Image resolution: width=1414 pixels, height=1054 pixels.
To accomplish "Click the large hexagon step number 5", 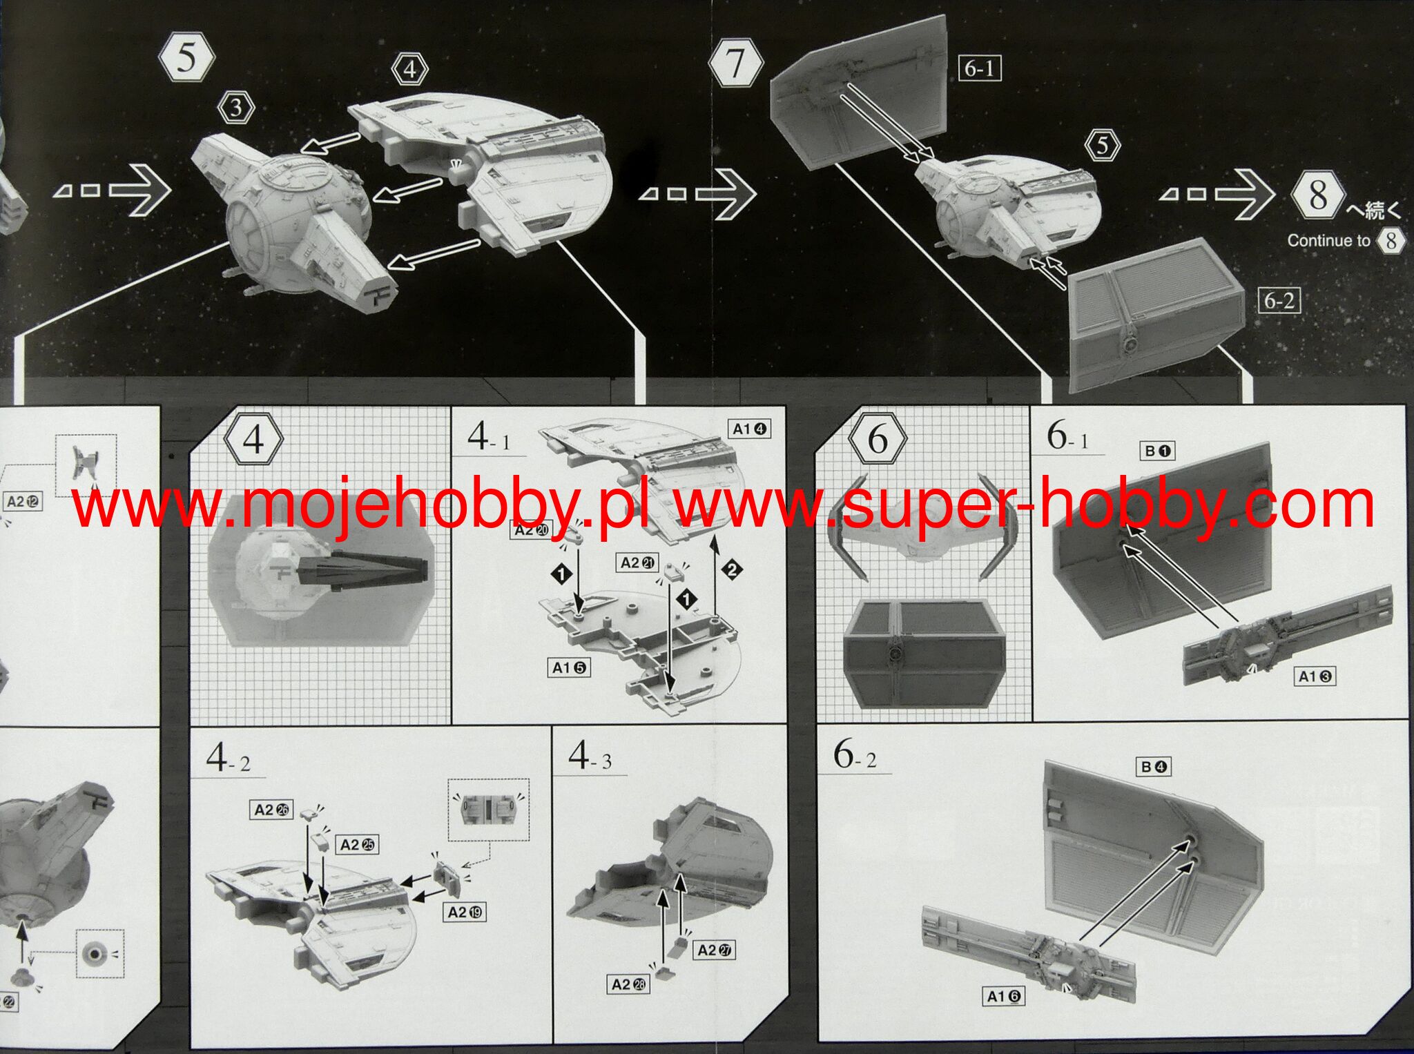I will point(186,57).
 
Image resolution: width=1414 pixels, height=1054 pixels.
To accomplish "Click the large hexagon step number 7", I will point(735,64).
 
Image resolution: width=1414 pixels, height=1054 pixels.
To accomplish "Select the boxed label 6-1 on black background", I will point(979,68).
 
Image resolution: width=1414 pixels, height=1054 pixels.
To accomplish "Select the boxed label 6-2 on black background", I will point(1279,301).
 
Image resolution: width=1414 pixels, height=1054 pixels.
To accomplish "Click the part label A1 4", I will point(749,429).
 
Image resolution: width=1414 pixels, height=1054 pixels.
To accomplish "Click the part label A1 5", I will point(570,667).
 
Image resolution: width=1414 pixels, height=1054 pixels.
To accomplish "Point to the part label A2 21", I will point(637,563).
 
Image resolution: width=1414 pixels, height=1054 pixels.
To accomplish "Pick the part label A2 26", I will point(271,810).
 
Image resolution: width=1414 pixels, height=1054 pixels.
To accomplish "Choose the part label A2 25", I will point(358,844).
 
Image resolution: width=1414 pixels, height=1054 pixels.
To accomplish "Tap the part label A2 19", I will point(465,912).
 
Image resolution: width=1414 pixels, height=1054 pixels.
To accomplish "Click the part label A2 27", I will point(714,950).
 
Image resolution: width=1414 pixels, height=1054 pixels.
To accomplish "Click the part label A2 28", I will point(628,984).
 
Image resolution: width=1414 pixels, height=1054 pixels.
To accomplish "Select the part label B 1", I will point(1157,451).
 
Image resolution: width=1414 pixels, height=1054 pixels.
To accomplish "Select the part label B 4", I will point(1153,766).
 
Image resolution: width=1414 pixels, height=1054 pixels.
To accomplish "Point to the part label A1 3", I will point(1315,676).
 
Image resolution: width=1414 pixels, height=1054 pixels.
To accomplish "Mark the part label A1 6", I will point(1003,996).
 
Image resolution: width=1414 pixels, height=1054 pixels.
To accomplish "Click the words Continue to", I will point(1328,241).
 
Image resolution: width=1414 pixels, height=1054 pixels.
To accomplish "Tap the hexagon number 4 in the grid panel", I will point(253,439).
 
